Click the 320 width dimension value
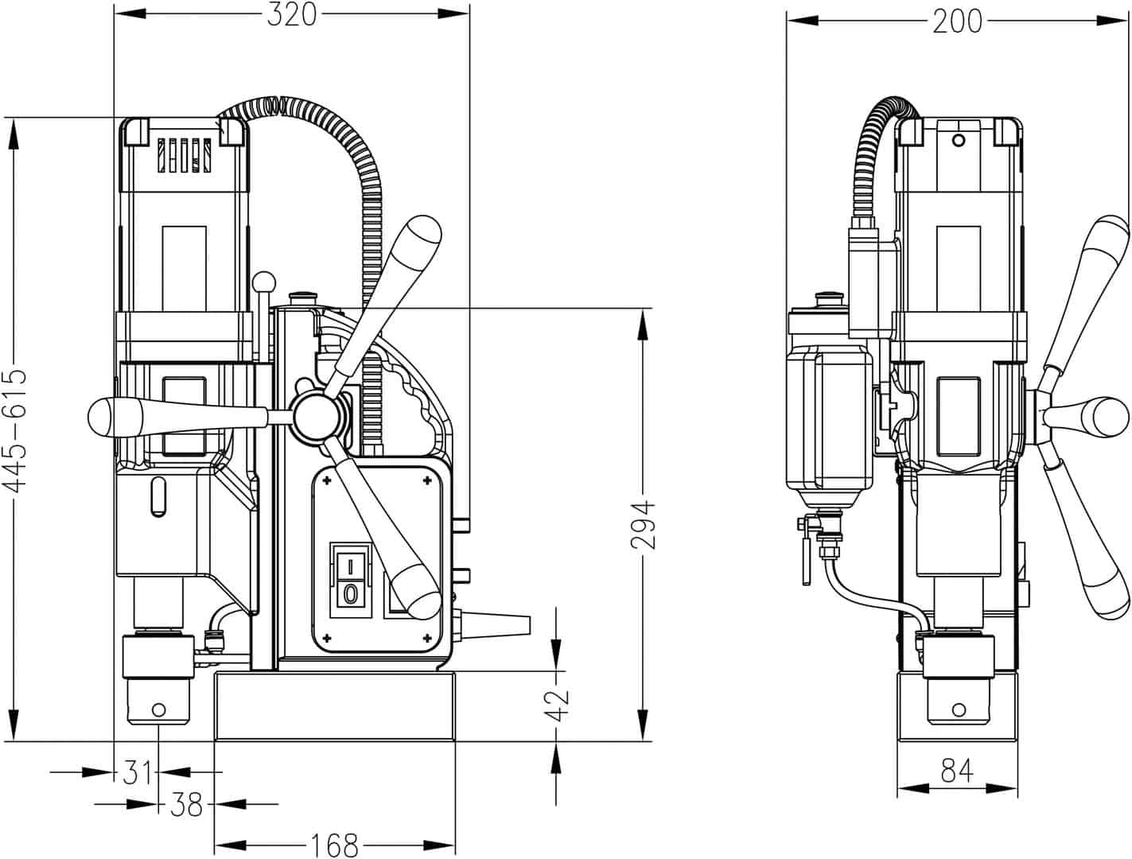click(x=291, y=14)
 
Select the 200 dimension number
click(x=957, y=21)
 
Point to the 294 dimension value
click(x=643, y=524)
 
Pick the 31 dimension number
click(x=138, y=772)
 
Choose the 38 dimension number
click(x=186, y=806)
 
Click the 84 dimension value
click(x=957, y=771)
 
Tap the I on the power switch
click(x=348, y=566)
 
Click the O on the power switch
click(x=348, y=593)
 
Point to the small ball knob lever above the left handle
click(x=264, y=282)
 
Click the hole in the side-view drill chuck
click(x=158, y=709)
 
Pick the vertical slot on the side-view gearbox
click(x=158, y=498)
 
